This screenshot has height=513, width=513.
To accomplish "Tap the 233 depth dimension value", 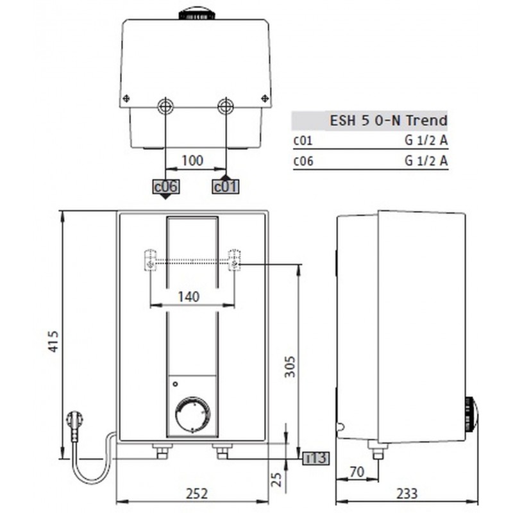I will click(407, 493).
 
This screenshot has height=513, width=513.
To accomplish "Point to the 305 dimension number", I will click(290, 366).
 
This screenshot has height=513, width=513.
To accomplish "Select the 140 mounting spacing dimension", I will click(189, 296).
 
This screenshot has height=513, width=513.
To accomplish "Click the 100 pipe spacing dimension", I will click(192, 160).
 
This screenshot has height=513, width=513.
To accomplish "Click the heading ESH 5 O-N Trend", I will click(388, 121).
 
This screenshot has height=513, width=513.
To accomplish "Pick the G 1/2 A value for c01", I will click(426, 140).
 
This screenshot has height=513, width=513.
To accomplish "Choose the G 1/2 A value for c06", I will click(426, 162).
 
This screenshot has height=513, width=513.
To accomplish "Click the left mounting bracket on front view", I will click(149, 260).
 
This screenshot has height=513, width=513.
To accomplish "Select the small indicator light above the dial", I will click(174, 385).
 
